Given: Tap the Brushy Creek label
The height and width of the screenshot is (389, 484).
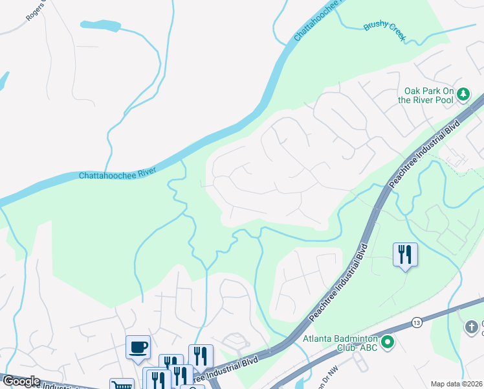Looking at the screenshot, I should (384, 31).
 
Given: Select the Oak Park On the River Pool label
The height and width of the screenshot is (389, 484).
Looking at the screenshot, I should (427, 95).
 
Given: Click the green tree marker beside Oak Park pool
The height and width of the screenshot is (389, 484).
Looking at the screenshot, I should (463, 95).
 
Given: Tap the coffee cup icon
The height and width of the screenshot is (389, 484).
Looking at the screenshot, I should (138, 347).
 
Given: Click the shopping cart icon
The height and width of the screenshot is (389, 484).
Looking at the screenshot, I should (121, 384).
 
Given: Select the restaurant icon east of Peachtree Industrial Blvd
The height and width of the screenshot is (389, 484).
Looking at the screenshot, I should (405, 253).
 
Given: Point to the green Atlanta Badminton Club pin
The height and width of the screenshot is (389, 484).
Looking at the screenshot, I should (388, 342).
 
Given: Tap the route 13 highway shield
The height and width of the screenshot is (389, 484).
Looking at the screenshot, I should (416, 322).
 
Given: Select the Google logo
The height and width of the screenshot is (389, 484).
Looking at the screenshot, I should (21, 381).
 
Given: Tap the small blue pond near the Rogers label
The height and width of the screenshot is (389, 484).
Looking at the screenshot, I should (100, 25).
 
